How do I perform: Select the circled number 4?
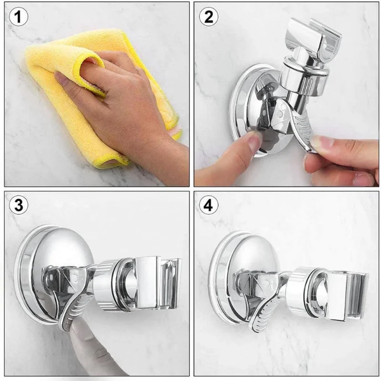(209, 206)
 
